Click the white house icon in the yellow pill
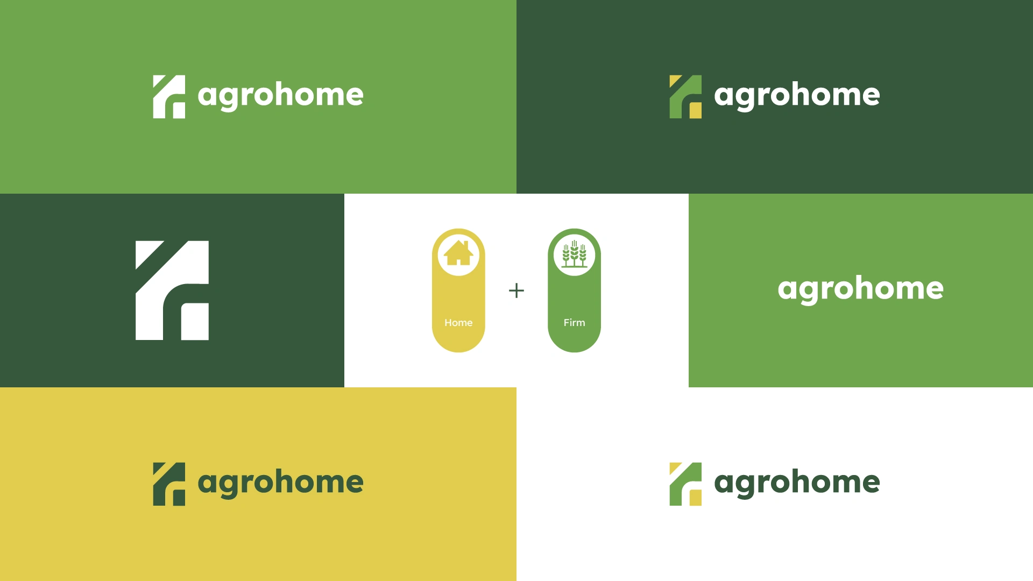point(458,253)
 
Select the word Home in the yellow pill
point(458,323)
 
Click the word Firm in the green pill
point(574,323)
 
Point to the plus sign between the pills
point(516,290)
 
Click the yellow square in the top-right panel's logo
point(696,110)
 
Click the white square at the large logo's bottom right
point(195,322)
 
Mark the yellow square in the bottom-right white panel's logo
point(696,498)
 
